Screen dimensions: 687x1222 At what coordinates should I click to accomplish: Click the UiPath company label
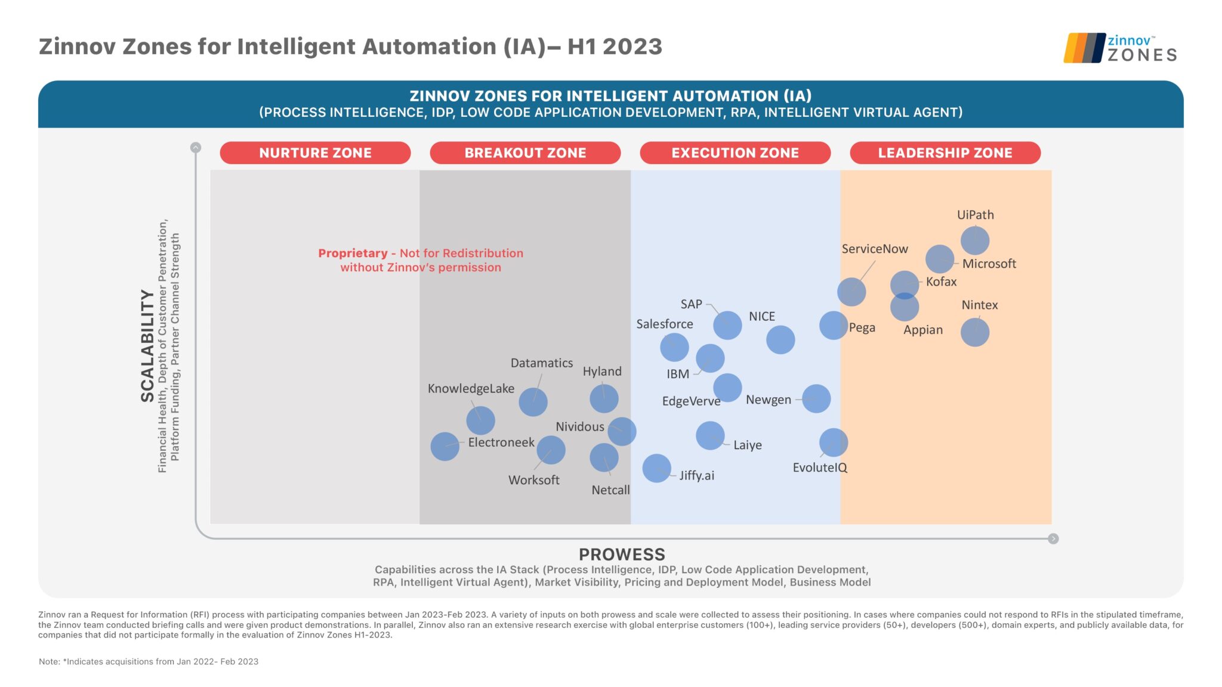975,215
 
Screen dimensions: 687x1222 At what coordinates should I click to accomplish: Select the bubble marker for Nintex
974,332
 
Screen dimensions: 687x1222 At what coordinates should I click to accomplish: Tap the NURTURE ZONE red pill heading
315,153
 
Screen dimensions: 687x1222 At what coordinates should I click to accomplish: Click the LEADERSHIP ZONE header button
945,153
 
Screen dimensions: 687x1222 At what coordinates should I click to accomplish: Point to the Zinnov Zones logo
1120,48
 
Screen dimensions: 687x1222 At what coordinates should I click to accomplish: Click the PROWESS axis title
622,554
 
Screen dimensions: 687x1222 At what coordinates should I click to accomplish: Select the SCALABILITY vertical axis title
147,346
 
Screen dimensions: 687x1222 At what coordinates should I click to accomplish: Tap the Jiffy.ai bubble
656,468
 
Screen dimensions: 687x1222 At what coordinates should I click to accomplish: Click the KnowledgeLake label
471,388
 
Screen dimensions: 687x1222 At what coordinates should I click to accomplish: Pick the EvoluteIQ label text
819,468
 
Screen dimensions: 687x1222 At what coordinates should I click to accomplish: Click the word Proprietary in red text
353,253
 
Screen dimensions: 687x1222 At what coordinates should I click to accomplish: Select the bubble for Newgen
816,398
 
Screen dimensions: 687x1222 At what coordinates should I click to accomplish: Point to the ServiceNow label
874,249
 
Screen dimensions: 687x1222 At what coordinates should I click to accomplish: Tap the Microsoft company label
989,264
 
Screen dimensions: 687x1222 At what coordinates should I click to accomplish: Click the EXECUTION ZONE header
735,153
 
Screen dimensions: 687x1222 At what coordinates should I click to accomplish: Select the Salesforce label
664,324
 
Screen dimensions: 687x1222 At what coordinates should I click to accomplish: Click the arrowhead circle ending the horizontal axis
1053,539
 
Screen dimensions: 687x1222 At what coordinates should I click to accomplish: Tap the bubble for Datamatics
533,402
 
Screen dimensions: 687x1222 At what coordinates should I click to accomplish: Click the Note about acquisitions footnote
149,661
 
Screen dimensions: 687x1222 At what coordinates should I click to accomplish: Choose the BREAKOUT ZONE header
525,153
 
